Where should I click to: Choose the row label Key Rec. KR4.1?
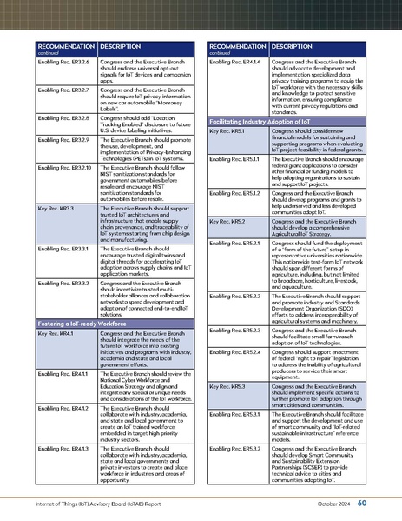pyautogui.click(x=54, y=334)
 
